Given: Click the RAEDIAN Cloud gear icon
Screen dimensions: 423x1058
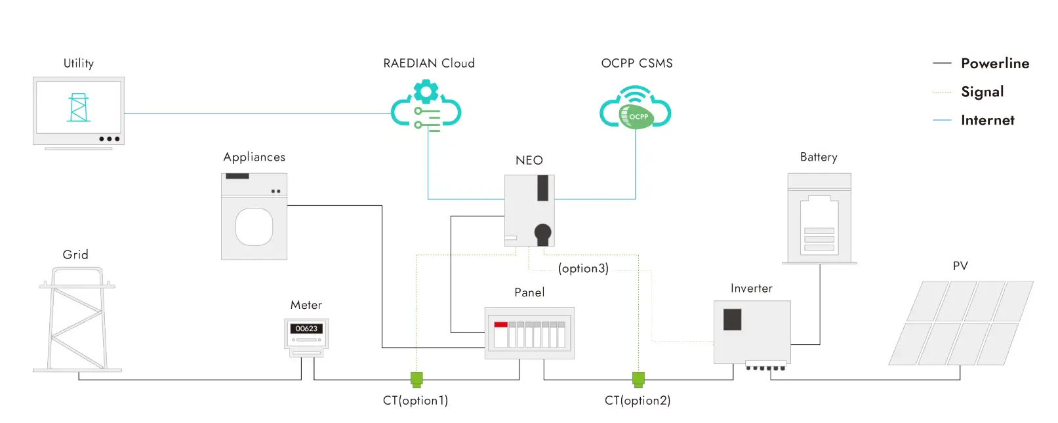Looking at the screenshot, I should click(x=426, y=91).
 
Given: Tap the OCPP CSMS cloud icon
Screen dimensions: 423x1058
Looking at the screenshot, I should click(x=635, y=109).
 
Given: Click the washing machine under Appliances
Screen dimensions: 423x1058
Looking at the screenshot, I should click(x=254, y=216).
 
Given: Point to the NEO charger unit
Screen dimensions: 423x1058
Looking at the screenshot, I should click(x=529, y=210).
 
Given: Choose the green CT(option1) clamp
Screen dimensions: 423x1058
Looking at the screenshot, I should click(x=417, y=379).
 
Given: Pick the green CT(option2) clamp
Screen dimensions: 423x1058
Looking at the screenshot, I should click(x=638, y=379).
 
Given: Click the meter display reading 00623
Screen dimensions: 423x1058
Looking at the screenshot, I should click(x=306, y=329).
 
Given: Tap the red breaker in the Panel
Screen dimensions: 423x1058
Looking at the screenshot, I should click(x=501, y=325).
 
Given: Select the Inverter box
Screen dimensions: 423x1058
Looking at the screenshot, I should click(x=752, y=332).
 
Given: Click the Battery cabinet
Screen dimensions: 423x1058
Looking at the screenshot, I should click(x=819, y=218).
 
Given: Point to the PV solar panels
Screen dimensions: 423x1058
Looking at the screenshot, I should click(x=961, y=323).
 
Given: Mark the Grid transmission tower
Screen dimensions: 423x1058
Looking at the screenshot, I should click(x=77, y=319).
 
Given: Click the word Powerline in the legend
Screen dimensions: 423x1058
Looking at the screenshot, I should click(x=995, y=64).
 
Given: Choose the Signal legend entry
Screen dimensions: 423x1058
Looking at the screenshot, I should click(x=982, y=92).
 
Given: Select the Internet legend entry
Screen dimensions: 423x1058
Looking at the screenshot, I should click(x=987, y=120).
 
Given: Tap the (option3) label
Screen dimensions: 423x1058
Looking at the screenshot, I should click(x=583, y=268).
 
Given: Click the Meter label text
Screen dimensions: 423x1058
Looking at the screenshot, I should click(x=306, y=305).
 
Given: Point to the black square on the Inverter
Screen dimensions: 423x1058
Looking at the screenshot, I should click(x=732, y=319).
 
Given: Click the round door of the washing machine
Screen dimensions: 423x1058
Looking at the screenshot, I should click(x=254, y=226).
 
